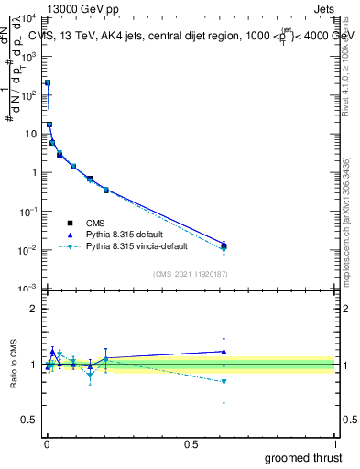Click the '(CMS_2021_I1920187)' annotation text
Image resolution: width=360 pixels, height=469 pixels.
click(191, 273)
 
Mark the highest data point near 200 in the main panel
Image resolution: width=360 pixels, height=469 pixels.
click(48, 82)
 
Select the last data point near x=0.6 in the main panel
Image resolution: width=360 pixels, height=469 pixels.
click(224, 245)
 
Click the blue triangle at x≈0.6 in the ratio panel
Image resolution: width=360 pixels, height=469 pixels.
click(224, 351)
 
